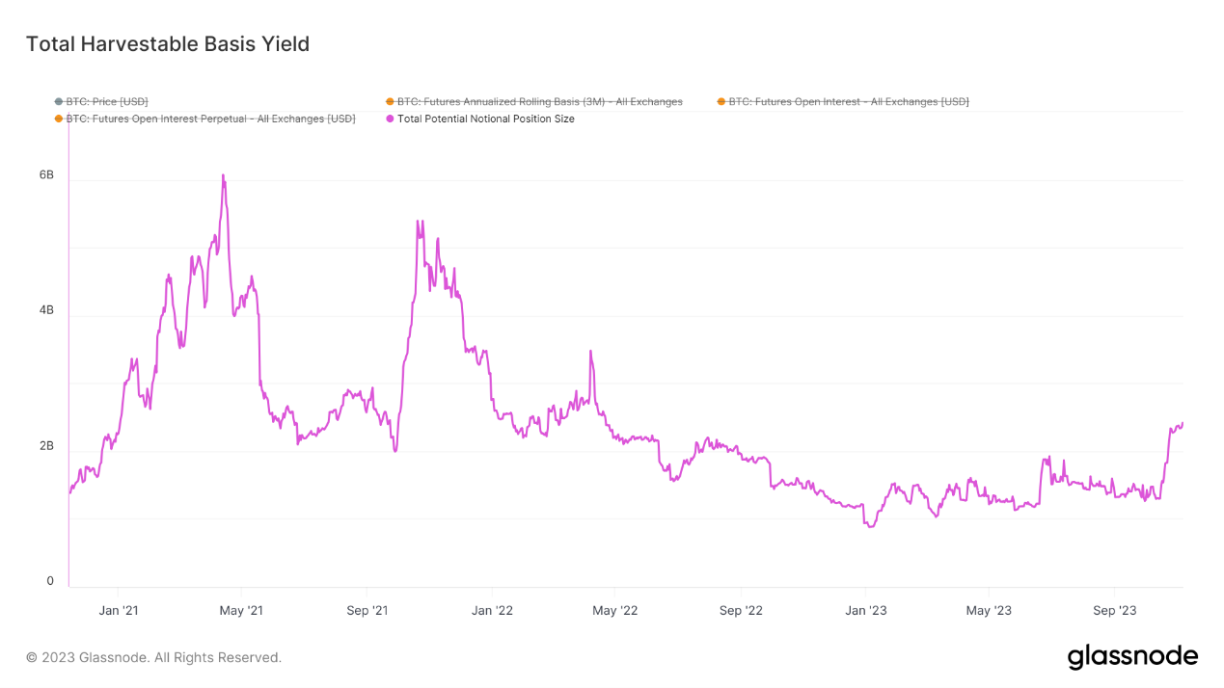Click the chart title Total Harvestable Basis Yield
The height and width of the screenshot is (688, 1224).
click(x=168, y=44)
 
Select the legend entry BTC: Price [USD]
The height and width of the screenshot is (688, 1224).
click(x=107, y=101)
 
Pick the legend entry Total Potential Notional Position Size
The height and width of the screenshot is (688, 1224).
click(x=485, y=119)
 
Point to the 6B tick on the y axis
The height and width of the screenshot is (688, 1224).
click(x=46, y=175)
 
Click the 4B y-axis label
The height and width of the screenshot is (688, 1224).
click(x=46, y=311)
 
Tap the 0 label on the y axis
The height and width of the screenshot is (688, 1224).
click(x=50, y=581)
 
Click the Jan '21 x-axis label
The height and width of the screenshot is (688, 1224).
click(x=119, y=610)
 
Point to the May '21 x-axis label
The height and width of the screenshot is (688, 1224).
click(x=242, y=610)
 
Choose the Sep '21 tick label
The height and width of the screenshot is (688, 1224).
click(x=367, y=610)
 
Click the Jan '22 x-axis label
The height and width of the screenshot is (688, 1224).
click(x=492, y=610)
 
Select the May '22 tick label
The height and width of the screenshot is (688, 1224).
click(x=615, y=610)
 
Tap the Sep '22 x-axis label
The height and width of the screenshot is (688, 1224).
click(x=741, y=610)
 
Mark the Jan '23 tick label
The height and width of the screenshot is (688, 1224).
click(x=865, y=610)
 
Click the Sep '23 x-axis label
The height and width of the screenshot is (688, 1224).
click(x=1114, y=610)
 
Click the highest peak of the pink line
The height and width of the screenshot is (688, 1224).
click(x=223, y=175)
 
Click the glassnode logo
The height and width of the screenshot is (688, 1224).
click(x=1132, y=657)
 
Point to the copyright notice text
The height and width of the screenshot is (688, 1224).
click(x=153, y=657)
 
